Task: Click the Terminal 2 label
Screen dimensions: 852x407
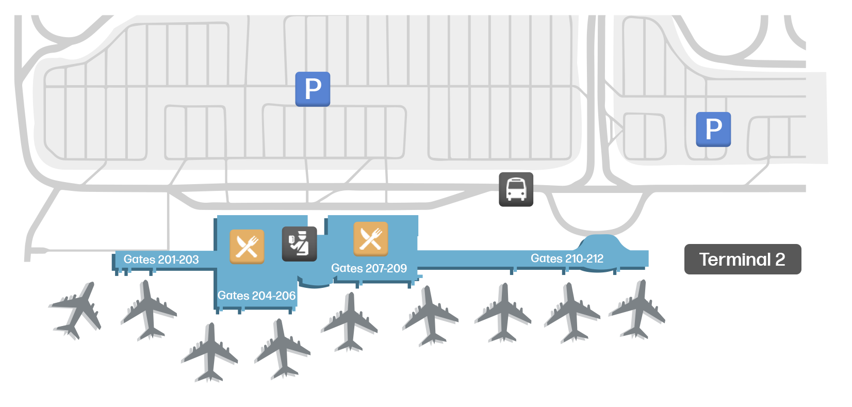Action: tap(743, 259)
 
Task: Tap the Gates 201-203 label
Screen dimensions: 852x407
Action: tap(161, 259)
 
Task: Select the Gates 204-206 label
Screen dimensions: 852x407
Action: tap(256, 296)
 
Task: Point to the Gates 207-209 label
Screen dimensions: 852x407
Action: tap(369, 268)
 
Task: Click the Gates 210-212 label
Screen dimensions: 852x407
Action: tap(567, 258)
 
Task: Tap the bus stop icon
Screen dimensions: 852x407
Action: tap(516, 189)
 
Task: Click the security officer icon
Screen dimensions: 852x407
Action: tap(299, 244)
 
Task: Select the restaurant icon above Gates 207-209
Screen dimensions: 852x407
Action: tap(371, 239)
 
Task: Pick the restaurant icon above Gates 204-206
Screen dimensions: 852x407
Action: tap(247, 247)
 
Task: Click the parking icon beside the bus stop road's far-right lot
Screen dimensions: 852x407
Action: tap(713, 129)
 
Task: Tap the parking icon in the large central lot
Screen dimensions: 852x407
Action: tap(313, 89)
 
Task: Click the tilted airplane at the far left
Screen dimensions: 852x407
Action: tap(76, 310)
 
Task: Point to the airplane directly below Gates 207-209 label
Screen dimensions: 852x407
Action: tap(350, 321)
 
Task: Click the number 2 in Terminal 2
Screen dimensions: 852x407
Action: tap(780, 259)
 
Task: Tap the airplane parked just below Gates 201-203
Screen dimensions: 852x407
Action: tap(149, 310)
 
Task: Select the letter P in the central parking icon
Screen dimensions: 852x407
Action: tap(313, 89)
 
